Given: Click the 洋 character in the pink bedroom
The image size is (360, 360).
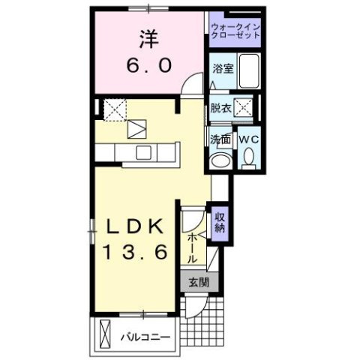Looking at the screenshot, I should tap(148, 37).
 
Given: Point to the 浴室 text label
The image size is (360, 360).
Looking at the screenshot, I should tap(221, 67).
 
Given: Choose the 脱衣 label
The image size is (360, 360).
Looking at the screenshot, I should tap(220, 108).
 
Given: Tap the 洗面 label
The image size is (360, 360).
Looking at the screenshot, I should tap(220, 139).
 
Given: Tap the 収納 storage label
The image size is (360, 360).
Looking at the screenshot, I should tap(220, 223).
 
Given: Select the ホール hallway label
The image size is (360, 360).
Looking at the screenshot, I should tap(192, 247).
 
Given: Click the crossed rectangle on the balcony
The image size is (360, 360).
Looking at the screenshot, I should tap(105, 332).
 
